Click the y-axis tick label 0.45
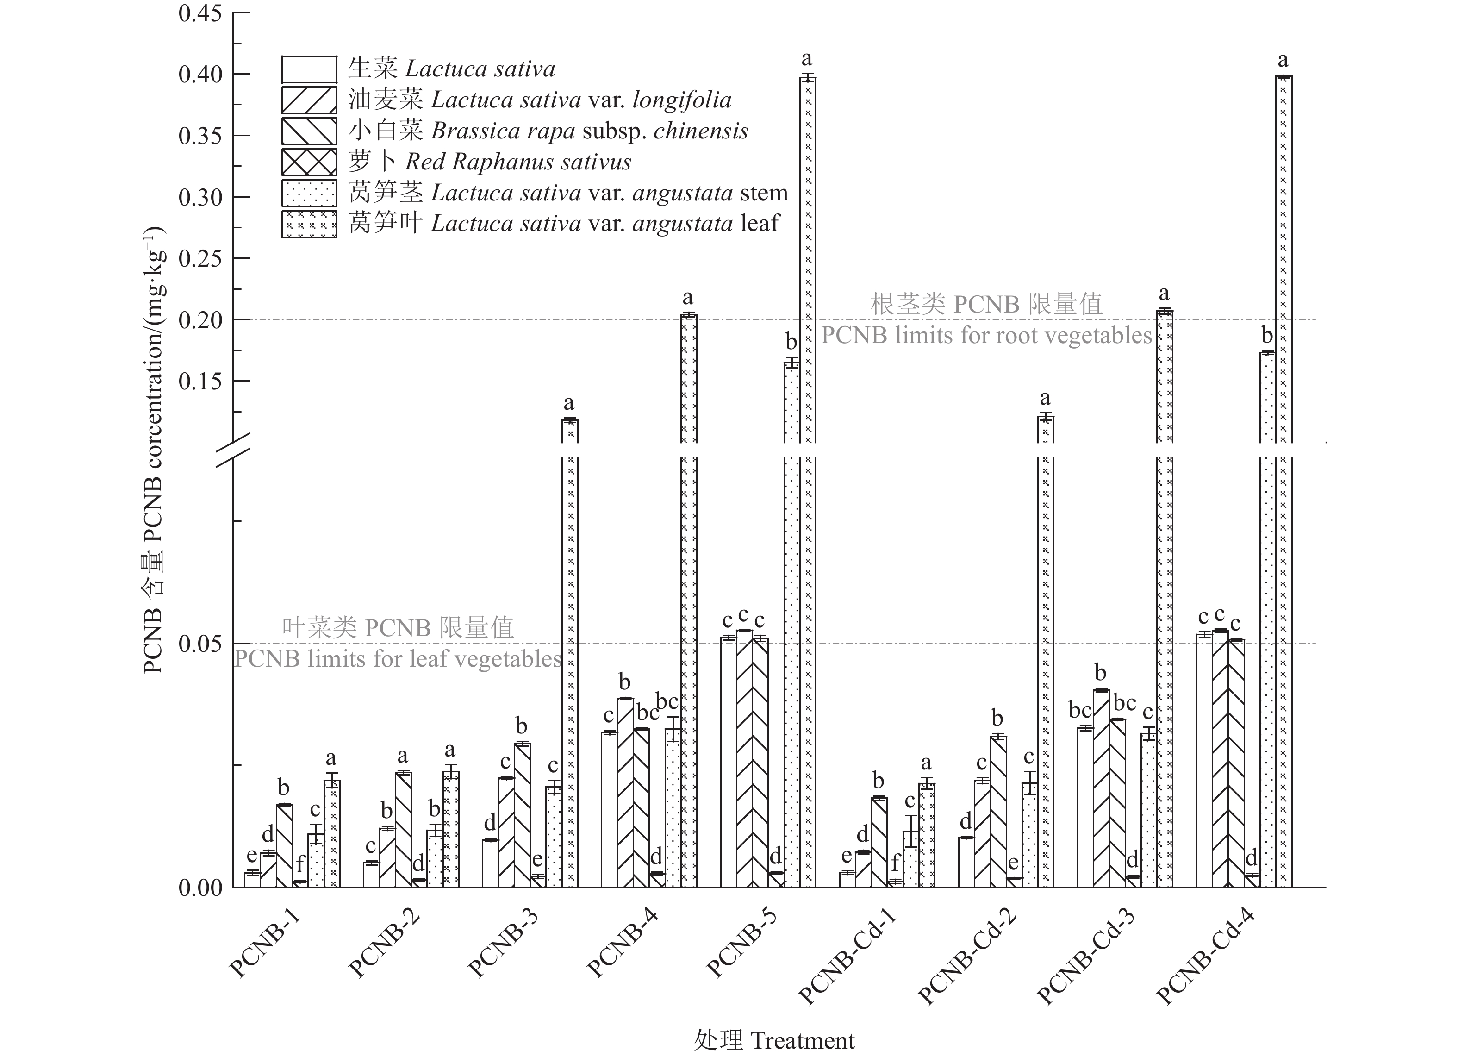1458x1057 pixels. [199, 13]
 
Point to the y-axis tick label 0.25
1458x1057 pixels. [199, 258]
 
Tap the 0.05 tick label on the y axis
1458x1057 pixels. [199, 644]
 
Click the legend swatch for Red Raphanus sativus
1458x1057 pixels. [309, 162]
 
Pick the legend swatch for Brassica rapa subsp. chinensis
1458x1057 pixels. [309, 131]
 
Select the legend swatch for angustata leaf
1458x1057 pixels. [309, 224]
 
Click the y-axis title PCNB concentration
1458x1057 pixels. [154, 450]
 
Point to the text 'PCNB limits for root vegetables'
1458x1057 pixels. [985, 336]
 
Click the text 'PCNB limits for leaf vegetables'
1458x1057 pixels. [397, 659]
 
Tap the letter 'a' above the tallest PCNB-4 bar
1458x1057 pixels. [688, 298]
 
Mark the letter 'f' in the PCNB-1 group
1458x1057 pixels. [300, 863]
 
